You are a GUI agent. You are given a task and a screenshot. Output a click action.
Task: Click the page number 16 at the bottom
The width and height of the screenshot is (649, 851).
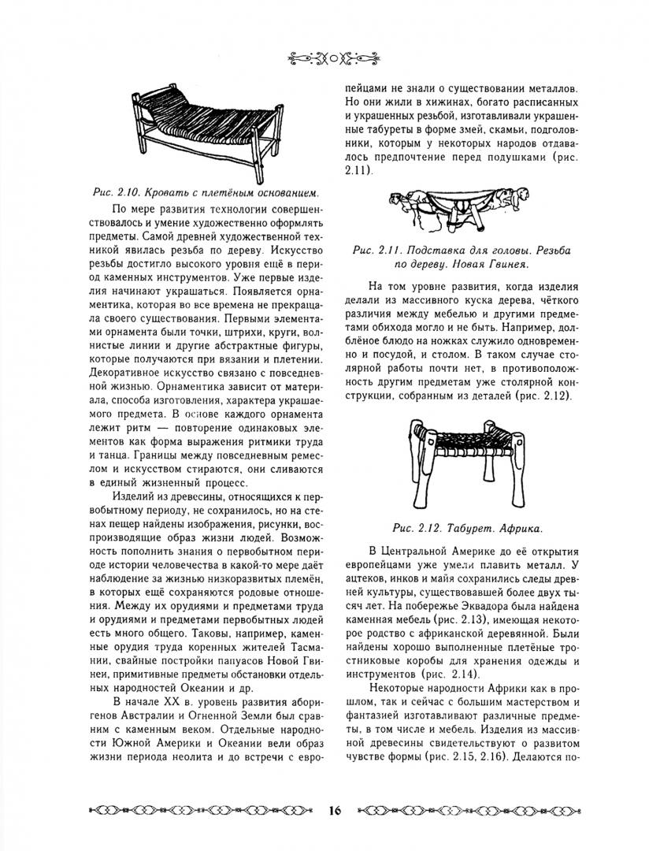(x=334, y=810)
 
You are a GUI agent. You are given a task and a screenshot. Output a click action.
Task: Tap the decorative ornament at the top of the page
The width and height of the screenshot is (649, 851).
(x=324, y=57)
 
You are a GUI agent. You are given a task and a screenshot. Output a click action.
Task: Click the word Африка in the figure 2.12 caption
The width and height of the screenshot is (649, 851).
(x=519, y=526)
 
